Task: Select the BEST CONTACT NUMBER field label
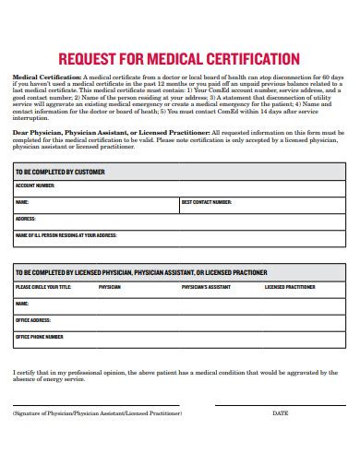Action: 206,201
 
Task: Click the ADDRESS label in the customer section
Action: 25,219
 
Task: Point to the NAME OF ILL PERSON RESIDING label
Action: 66,235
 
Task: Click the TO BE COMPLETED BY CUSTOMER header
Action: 60,172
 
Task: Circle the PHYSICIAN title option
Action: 110,287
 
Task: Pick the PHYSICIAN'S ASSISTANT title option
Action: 205,287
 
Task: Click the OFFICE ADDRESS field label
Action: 33,320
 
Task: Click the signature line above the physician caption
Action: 98,405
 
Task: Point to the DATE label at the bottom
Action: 281,413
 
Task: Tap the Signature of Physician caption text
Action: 98,413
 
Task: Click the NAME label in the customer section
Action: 22,201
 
